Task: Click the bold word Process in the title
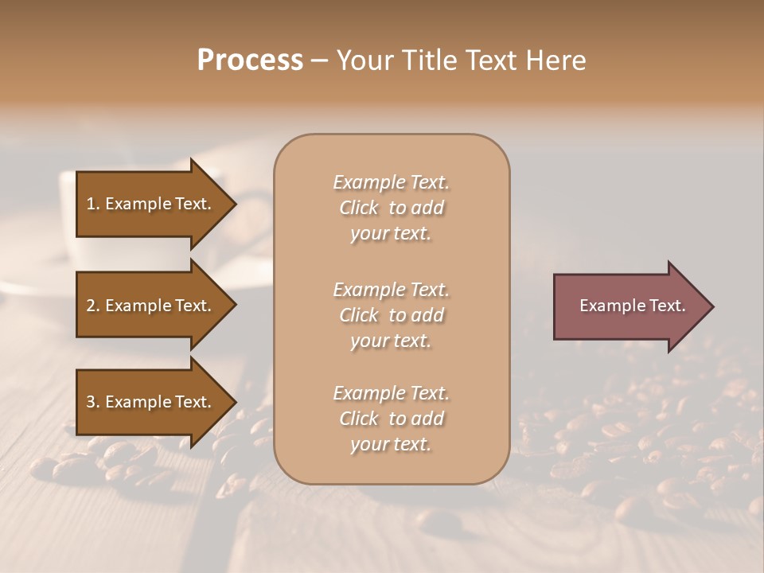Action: (x=250, y=60)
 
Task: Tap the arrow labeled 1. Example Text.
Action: (x=151, y=204)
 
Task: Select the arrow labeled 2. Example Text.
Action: (x=151, y=306)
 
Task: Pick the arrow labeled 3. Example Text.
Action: (x=151, y=402)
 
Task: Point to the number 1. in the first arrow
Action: (x=93, y=204)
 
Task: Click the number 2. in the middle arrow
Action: (x=93, y=306)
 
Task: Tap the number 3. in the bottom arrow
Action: (x=93, y=402)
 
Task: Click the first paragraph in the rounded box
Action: (x=391, y=208)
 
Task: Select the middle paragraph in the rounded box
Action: (x=391, y=315)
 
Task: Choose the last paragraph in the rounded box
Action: (x=391, y=419)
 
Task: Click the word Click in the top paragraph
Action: (x=359, y=208)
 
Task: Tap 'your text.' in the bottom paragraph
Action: (x=391, y=444)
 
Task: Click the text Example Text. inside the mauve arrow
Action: (x=632, y=306)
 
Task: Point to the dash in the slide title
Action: (x=319, y=61)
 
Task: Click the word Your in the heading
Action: (x=363, y=60)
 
